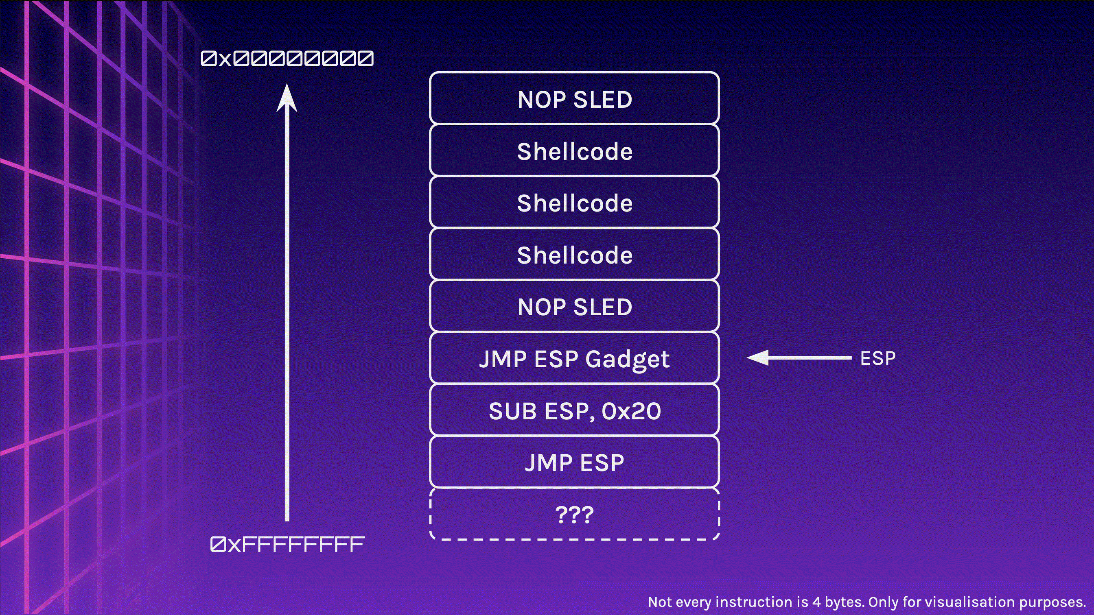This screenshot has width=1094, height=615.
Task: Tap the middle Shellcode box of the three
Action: [x=574, y=203]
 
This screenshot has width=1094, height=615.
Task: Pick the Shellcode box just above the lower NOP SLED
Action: [x=574, y=255]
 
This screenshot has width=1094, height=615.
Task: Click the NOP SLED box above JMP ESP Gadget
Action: [x=574, y=306]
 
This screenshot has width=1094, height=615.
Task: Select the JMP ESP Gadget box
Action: [x=574, y=359]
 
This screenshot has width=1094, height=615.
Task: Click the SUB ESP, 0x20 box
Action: [x=574, y=410]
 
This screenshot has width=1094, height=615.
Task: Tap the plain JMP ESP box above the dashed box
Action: [x=574, y=462]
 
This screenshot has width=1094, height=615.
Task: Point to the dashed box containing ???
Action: [x=574, y=515]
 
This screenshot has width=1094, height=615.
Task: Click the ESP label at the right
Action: [x=877, y=358]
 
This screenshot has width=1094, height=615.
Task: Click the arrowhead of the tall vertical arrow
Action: [x=287, y=98]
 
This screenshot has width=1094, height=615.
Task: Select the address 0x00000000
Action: [x=287, y=59]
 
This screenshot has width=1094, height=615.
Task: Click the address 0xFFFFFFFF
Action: [x=287, y=545]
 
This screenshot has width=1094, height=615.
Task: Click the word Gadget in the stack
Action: [x=627, y=360]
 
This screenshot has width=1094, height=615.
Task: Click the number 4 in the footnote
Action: [x=816, y=602]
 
